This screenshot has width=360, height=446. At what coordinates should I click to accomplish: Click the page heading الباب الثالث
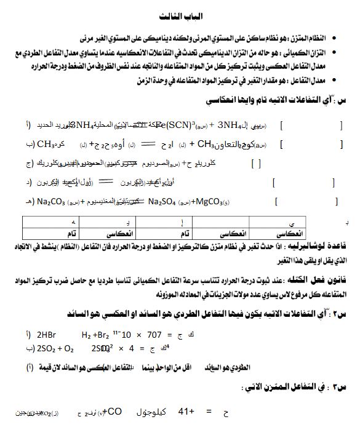click(180, 15)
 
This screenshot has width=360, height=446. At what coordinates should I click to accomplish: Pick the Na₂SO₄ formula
click(165, 201)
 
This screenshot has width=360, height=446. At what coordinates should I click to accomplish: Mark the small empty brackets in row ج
click(256, 164)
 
